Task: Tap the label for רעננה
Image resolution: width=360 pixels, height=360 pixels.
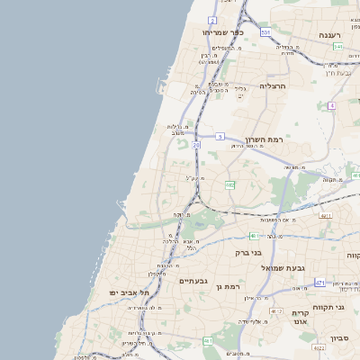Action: (328, 35)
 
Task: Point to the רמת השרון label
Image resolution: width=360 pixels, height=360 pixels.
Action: (264, 140)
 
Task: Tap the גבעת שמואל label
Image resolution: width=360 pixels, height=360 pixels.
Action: (260, 268)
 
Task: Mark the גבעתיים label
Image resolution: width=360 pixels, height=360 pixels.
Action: (193, 281)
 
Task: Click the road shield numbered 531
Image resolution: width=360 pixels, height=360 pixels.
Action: (265, 32)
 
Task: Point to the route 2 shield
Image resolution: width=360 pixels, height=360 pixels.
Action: (212, 19)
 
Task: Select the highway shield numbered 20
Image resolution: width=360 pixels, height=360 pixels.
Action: (196, 144)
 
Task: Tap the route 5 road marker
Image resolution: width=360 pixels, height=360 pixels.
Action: (219, 136)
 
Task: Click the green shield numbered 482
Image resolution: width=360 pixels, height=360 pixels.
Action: (230, 184)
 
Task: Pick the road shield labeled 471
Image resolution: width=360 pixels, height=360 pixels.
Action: (319, 283)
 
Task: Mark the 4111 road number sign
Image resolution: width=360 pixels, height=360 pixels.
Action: (325, 215)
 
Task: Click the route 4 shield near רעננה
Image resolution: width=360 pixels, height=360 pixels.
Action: (332, 105)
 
